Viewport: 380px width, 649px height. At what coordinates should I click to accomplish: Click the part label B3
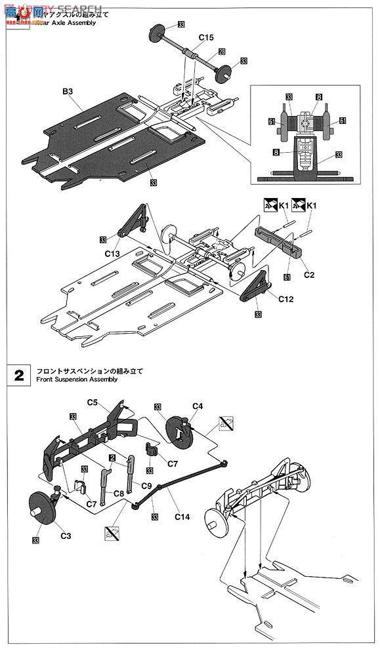point(68,93)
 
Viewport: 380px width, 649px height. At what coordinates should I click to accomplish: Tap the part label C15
point(205,38)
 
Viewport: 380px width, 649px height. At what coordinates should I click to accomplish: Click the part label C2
point(308,275)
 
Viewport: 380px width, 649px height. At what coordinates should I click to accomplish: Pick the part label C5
point(93,402)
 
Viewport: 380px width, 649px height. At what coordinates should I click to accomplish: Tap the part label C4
point(198,406)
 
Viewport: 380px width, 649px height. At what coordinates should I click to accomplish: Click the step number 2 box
point(19,376)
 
